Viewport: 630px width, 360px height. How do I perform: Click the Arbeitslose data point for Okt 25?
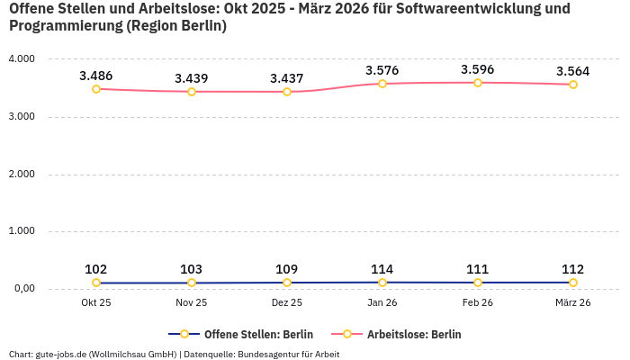[96, 89]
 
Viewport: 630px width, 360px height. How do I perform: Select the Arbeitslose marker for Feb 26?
[478, 83]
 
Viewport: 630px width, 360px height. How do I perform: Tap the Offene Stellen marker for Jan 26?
[382, 283]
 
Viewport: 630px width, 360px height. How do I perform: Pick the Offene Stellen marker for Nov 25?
[192, 283]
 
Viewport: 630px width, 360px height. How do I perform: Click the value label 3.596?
[478, 69]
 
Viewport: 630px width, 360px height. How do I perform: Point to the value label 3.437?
[287, 78]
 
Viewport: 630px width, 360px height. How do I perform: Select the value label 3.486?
[96, 76]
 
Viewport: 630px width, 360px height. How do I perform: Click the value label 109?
[287, 269]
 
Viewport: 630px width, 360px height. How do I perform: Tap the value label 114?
[382, 269]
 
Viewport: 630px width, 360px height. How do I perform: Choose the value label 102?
[96, 269]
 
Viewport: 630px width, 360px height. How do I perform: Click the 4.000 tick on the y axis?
[21, 59]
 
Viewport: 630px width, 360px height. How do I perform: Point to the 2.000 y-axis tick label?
[21, 174]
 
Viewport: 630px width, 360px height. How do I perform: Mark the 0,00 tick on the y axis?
[22, 289]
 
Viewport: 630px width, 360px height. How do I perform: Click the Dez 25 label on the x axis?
[287, 303]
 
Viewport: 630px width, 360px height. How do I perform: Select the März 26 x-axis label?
[573, 303]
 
